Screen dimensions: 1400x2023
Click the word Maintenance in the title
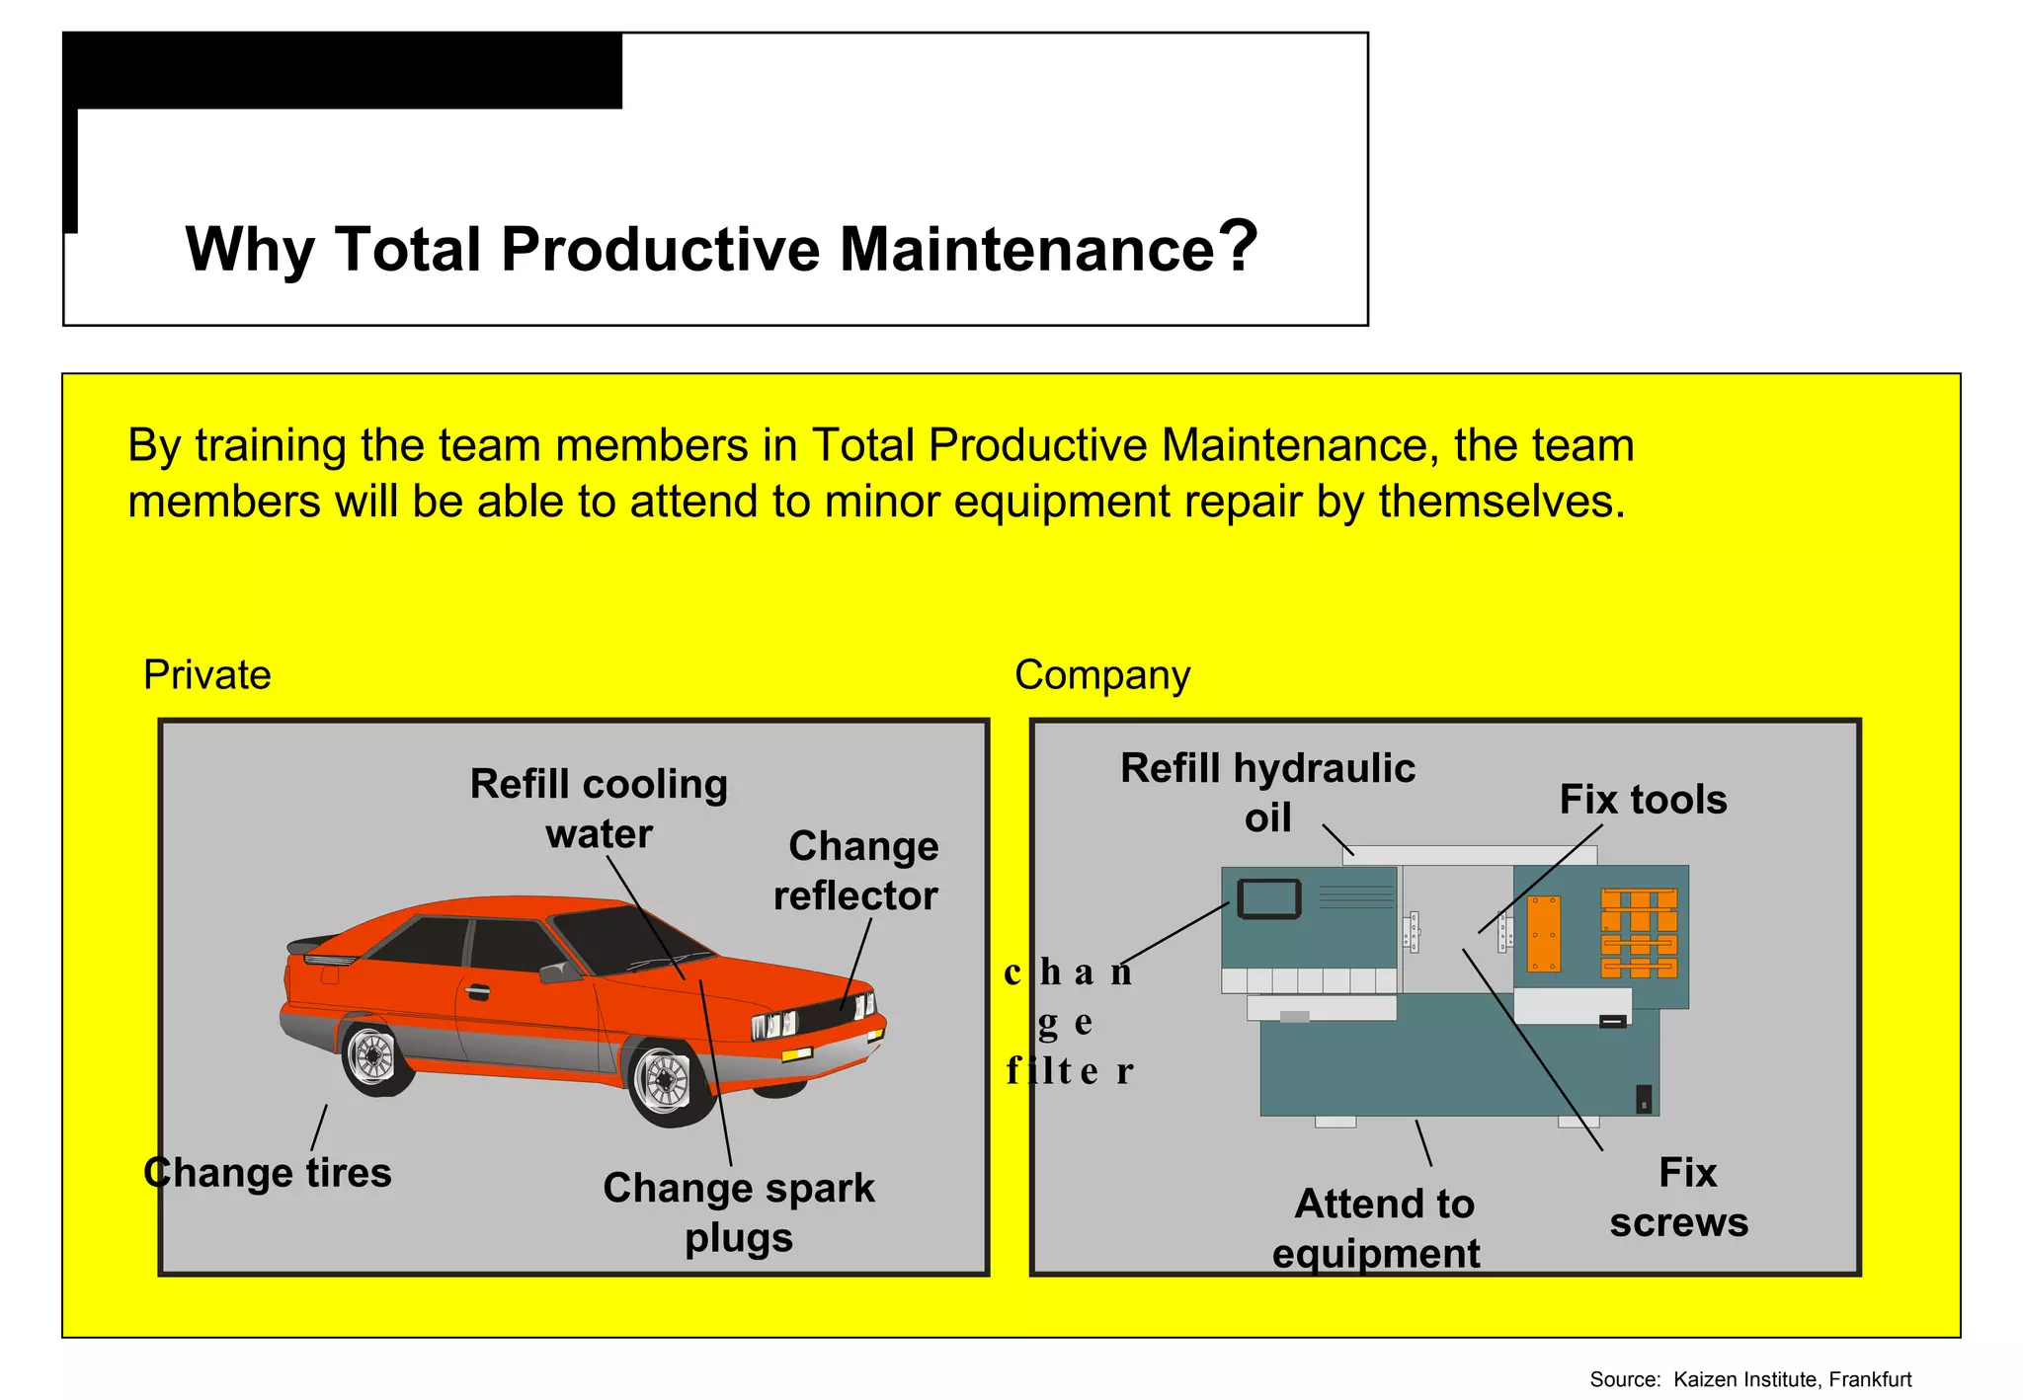[1026, 249]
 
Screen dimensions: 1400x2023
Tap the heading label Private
[206, 675]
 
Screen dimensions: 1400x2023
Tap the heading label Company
[1101, 675]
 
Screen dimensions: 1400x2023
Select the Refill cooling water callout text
[599, 809]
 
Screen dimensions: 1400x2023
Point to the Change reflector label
[856, 871]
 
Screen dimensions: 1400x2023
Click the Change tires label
[268, 1173]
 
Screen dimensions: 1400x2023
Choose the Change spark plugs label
[739, 1211]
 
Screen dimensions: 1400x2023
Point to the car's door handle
[478, 991]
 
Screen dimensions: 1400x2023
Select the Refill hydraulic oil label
[1267, 792]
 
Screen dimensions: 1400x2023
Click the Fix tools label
[1643, 800]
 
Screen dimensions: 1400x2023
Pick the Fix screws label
[1680, 1198]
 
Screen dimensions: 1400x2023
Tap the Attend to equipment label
[1379, 1228]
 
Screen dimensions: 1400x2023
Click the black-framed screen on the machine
[1268, 898]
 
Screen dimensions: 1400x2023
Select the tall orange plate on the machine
[1543, 933]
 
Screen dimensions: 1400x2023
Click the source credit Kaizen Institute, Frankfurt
[1750, 1379]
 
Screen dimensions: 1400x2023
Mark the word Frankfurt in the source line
[1870, 1379]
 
